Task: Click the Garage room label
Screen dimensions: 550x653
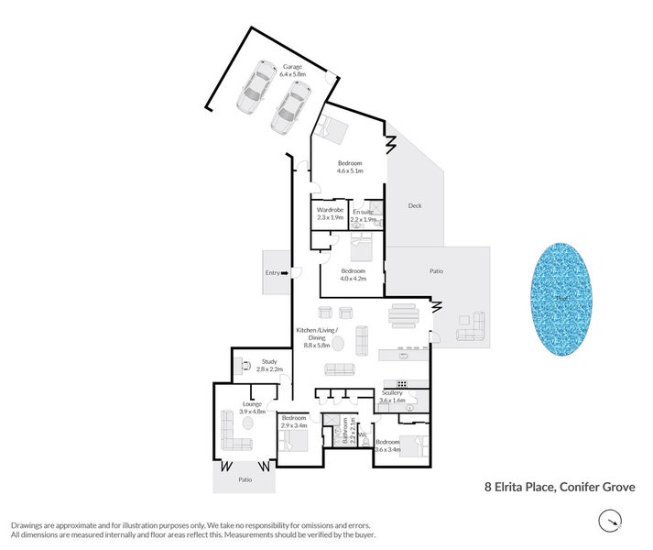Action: point(292,71)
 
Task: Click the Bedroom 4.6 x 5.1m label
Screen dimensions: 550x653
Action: point(350,167)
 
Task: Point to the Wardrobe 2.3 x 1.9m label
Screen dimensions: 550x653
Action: point(330,214)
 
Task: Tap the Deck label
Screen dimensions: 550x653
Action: point(414,206)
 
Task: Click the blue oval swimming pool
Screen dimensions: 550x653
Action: point(560,300)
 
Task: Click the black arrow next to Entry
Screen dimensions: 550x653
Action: point(287,272)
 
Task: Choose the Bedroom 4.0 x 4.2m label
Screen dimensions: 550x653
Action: point(354,275)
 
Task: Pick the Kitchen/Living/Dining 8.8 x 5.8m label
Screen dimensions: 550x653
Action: point(317,336)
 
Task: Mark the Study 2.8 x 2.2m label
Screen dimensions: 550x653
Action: point(268,365)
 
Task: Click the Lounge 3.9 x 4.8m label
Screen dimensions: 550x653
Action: point(252,408)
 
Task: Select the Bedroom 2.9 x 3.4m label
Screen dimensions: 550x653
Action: point(294,422)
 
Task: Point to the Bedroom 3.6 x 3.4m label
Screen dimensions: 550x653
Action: point(387,445)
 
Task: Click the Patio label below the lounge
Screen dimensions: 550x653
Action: point(245,479)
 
